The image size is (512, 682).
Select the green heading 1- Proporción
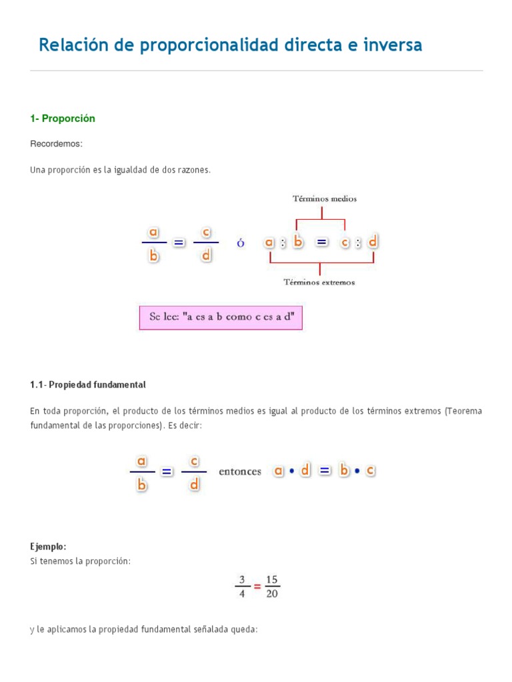coord(63,119)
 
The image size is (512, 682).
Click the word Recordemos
coord(56,144)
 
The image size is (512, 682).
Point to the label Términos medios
coord(325,198)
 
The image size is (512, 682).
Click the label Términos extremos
coord(319,282)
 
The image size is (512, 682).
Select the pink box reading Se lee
coord(221,317)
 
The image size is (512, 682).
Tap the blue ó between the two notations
coord(241,244)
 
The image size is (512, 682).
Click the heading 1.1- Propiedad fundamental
coord(87,385)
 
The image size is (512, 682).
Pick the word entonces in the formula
coord(240,472)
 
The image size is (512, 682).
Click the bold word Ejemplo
coord(48,546)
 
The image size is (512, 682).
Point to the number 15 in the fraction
coord(271,579)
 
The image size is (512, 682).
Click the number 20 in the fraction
coord(271,593)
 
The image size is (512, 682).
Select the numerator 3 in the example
coord(243,579)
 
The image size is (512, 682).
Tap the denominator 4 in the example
coord(243,593)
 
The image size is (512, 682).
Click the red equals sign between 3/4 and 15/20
coord(257,587)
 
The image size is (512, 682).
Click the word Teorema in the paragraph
coord(463,411)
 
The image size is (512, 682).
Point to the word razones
coord(193,170)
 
